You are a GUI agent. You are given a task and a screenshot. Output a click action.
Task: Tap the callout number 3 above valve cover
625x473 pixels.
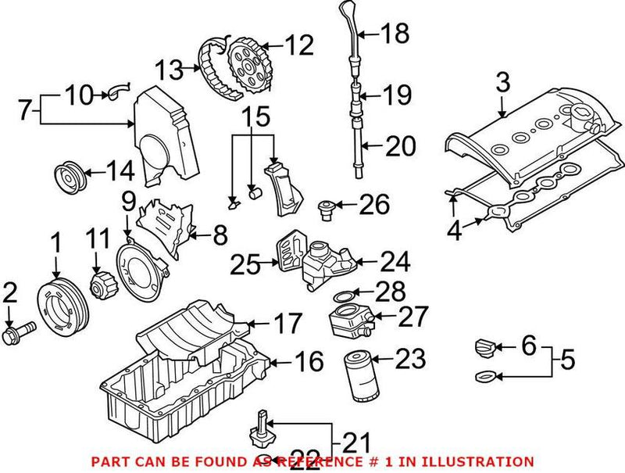(x=502, y=82)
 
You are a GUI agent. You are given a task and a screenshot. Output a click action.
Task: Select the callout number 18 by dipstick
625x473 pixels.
(x=395, y=33)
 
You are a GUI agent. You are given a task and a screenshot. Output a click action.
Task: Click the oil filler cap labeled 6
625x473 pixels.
(x=487, y=346)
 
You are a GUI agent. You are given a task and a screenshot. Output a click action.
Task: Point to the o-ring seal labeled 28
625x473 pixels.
(x=343, y=297)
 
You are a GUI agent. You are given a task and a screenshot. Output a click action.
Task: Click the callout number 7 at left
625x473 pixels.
(x=24, y=110)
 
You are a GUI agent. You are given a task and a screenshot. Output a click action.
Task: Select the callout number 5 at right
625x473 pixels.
(x=567, y=361)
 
